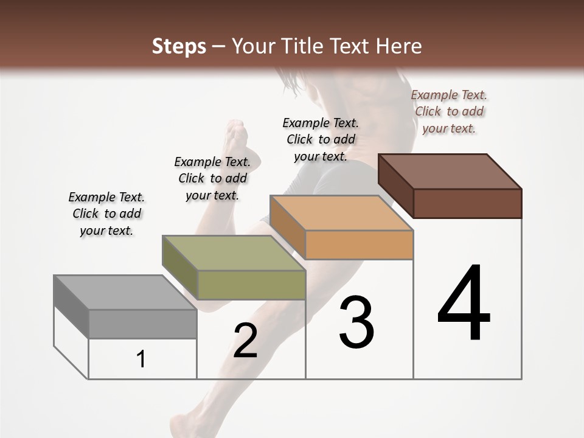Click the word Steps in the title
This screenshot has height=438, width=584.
pyautogui.click(x=179, y=46)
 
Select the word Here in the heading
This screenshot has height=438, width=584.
pyautogui.click(x=399, y=46)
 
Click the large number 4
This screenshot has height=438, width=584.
pyautogui.click(x=464, y=304)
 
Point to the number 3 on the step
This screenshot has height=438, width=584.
pyautogui.click(x=356, y=322)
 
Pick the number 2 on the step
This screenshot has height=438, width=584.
pyautogui.click(x=245, y=341)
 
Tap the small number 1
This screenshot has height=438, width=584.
pyautogui.click(x=141, y=360)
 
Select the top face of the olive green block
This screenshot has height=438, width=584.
pyautogui.click(x=234, y=252)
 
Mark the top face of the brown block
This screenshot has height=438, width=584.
pyautogui.click(x=450, y=172)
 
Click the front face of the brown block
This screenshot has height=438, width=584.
pyautogui.click(x=467, y=203)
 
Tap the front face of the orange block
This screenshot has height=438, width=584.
pyautogui.click(x=359, y=245)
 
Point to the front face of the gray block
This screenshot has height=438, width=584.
pyautogui.click(x=142, y=324)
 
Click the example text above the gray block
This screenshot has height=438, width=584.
pyautogui.click(x=106, y=214)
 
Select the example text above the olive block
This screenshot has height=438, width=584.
pyautogui.click(x=212, y=178)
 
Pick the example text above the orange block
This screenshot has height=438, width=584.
pyautogui.click(x=321, y=139)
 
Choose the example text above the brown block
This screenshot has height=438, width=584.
pyautogui.click(x=449, y=111)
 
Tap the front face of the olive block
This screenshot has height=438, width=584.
pyautogui.click(x=251, y=285)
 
